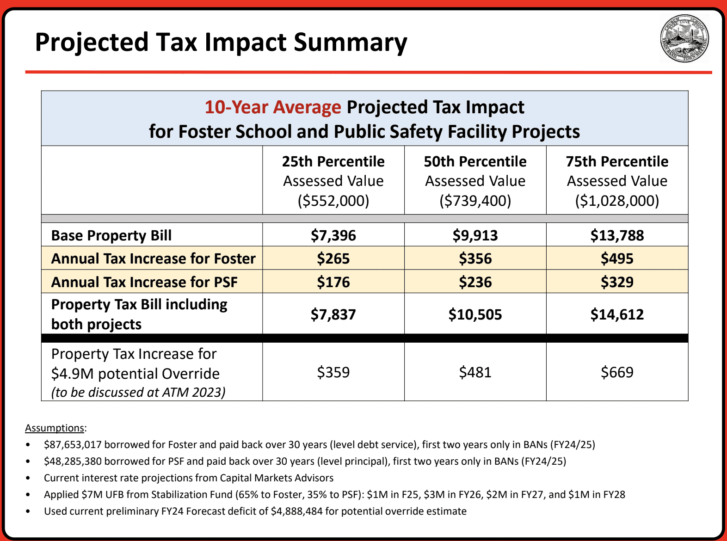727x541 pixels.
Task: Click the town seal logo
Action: point(684,38)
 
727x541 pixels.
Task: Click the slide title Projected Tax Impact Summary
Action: point(221,43)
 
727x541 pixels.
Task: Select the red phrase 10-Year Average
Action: point(273,107)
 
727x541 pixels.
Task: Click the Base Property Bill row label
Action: point(111,235)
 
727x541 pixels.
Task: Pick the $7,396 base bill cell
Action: point(333,235)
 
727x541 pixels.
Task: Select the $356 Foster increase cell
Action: point(475,258)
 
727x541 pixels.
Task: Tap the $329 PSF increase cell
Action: point(617,282)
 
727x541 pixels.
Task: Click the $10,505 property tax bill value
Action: point(475,314)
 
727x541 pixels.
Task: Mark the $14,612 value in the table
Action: point(617,314)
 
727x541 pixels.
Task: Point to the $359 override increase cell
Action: point(333,372)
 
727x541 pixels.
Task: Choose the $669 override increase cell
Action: point(617,372)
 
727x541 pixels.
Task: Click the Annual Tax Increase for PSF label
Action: point(144,282)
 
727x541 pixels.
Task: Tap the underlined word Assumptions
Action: point(55,428)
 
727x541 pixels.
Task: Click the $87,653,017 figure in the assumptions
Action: point(73,445)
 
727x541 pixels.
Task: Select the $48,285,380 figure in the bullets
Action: point(73,461)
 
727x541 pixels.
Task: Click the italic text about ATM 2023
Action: point(138,392)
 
